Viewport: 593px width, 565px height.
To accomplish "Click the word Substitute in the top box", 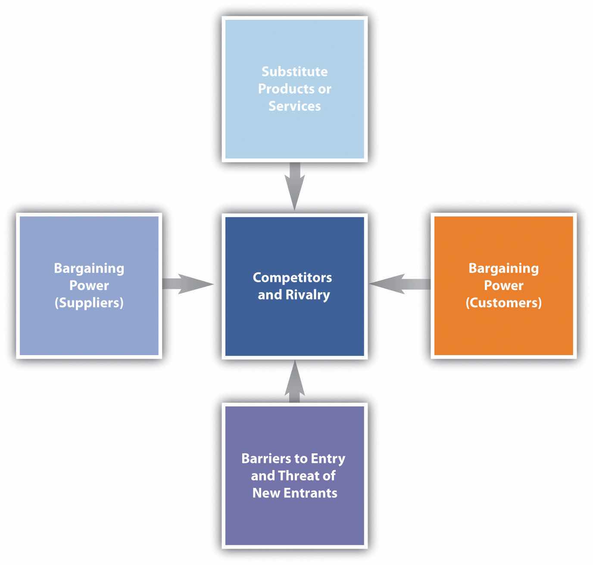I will [294, 72].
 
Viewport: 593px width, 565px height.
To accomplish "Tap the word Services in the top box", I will [295, 106].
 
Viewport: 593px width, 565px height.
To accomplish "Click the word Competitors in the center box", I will [292, 278].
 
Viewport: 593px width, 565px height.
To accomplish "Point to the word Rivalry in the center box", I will [309, 295].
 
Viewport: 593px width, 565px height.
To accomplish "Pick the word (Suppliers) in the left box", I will [89, 303].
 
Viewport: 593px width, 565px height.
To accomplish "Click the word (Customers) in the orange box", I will [503, 303].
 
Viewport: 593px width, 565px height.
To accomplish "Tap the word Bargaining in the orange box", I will [503, 268].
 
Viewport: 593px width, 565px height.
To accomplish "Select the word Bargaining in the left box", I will [89, 268].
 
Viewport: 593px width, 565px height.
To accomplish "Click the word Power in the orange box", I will [503, 286].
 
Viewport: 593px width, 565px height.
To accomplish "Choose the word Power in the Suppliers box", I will [89, 286].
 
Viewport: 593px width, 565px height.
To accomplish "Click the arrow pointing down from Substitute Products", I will [294, 185].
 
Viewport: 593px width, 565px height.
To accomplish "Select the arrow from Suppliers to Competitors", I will [188, 284].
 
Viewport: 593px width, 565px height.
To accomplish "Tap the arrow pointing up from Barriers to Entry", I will [294, 381].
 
